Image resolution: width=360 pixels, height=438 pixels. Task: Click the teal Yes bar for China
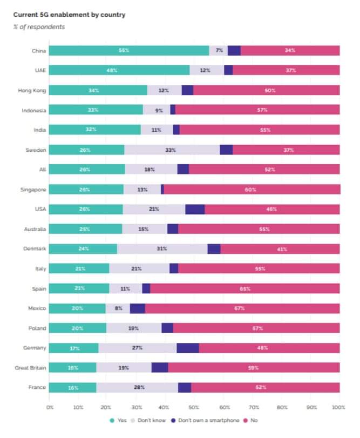(x=129, y=50)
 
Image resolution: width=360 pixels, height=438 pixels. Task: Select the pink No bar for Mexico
(x=242, y=308)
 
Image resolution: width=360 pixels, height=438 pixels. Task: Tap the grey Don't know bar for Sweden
(x=172, y=150)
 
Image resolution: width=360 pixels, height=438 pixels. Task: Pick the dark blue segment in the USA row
(x=195, y=210)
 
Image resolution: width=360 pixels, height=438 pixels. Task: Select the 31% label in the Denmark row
(x=162, y=249)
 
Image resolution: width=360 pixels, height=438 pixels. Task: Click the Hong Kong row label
(x=31, y=90)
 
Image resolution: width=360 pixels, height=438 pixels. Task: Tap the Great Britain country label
(x=30, y=368)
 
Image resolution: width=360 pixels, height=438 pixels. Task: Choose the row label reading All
(x=42, y=170)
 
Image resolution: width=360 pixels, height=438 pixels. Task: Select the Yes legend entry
(x=120, y=420)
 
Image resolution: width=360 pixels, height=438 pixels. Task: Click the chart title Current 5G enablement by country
(x=69, y=15)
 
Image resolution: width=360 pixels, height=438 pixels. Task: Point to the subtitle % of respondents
(x=39, y=27)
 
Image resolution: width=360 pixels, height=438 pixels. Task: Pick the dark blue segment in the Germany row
(x=187, y=348)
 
